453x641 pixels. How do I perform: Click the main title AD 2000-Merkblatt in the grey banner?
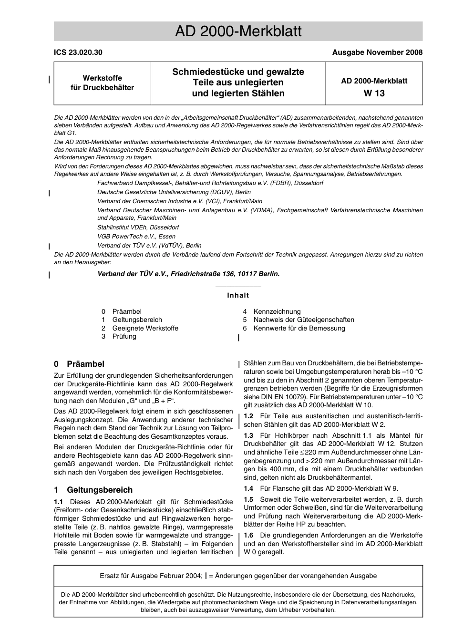pyautogui.click(x=238, y=31)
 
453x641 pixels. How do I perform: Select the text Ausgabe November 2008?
pyautogui.click(x=377, y=52)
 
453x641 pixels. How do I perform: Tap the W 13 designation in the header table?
pyautogui.click(x=374, y=93)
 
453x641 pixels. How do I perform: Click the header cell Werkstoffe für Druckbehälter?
pyautogui.click(x=102, y=83)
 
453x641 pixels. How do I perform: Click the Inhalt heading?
pyautogui.click(x=238, y=295)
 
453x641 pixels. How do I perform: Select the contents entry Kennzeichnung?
pyautogui.click(x=277, y=311)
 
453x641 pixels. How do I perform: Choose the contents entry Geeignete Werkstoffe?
pyautogui.click(x=145, y=328)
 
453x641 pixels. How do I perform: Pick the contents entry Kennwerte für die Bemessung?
pyautogui.click(x=299, y=328)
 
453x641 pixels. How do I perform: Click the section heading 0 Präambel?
pyautogui.click(x=79, y=364)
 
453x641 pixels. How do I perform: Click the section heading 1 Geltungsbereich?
pyautogui.click(x=93, y=490)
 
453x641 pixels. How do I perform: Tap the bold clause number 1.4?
pyautogui.click(x=248, y=488)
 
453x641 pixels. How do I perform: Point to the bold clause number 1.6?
pyautogui.click(x=248, y=535)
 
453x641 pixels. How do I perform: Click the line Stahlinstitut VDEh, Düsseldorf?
pyautogui.click(x=138, y=227)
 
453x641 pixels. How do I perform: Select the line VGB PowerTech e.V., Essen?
pyautogui.click(x=136, y=237)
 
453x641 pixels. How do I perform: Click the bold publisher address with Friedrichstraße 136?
pyautogui.click(x=188, y=274)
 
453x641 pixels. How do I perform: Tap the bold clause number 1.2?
pyautogui.click(x=248, y=416)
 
